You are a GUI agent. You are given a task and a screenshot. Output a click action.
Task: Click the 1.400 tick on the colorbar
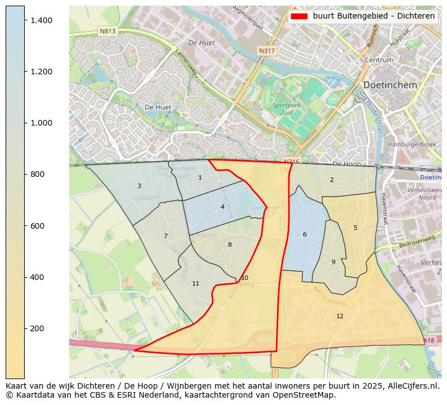click(25, 20)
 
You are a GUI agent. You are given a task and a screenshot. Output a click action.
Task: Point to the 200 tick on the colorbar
click(25, 328)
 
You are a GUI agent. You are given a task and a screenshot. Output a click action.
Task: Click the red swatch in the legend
click(299, 16)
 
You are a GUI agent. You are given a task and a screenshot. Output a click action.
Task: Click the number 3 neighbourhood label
click(139, 186)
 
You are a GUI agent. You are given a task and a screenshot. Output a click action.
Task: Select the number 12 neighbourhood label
click(339, 316)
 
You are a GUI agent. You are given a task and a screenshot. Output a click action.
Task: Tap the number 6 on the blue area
click(305, 234)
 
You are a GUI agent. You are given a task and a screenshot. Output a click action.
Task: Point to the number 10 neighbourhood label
click(244, 278)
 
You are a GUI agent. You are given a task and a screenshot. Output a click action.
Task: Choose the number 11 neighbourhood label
click(195, 283)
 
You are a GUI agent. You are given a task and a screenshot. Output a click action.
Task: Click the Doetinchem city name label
click(390, 85)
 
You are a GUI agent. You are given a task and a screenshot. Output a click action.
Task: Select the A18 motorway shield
click(428, 340)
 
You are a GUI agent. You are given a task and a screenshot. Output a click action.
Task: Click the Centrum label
click(378, 60)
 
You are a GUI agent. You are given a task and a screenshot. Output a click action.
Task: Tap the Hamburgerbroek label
click(412, 145)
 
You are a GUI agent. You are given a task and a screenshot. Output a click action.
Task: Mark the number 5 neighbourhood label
click(355, 228)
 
